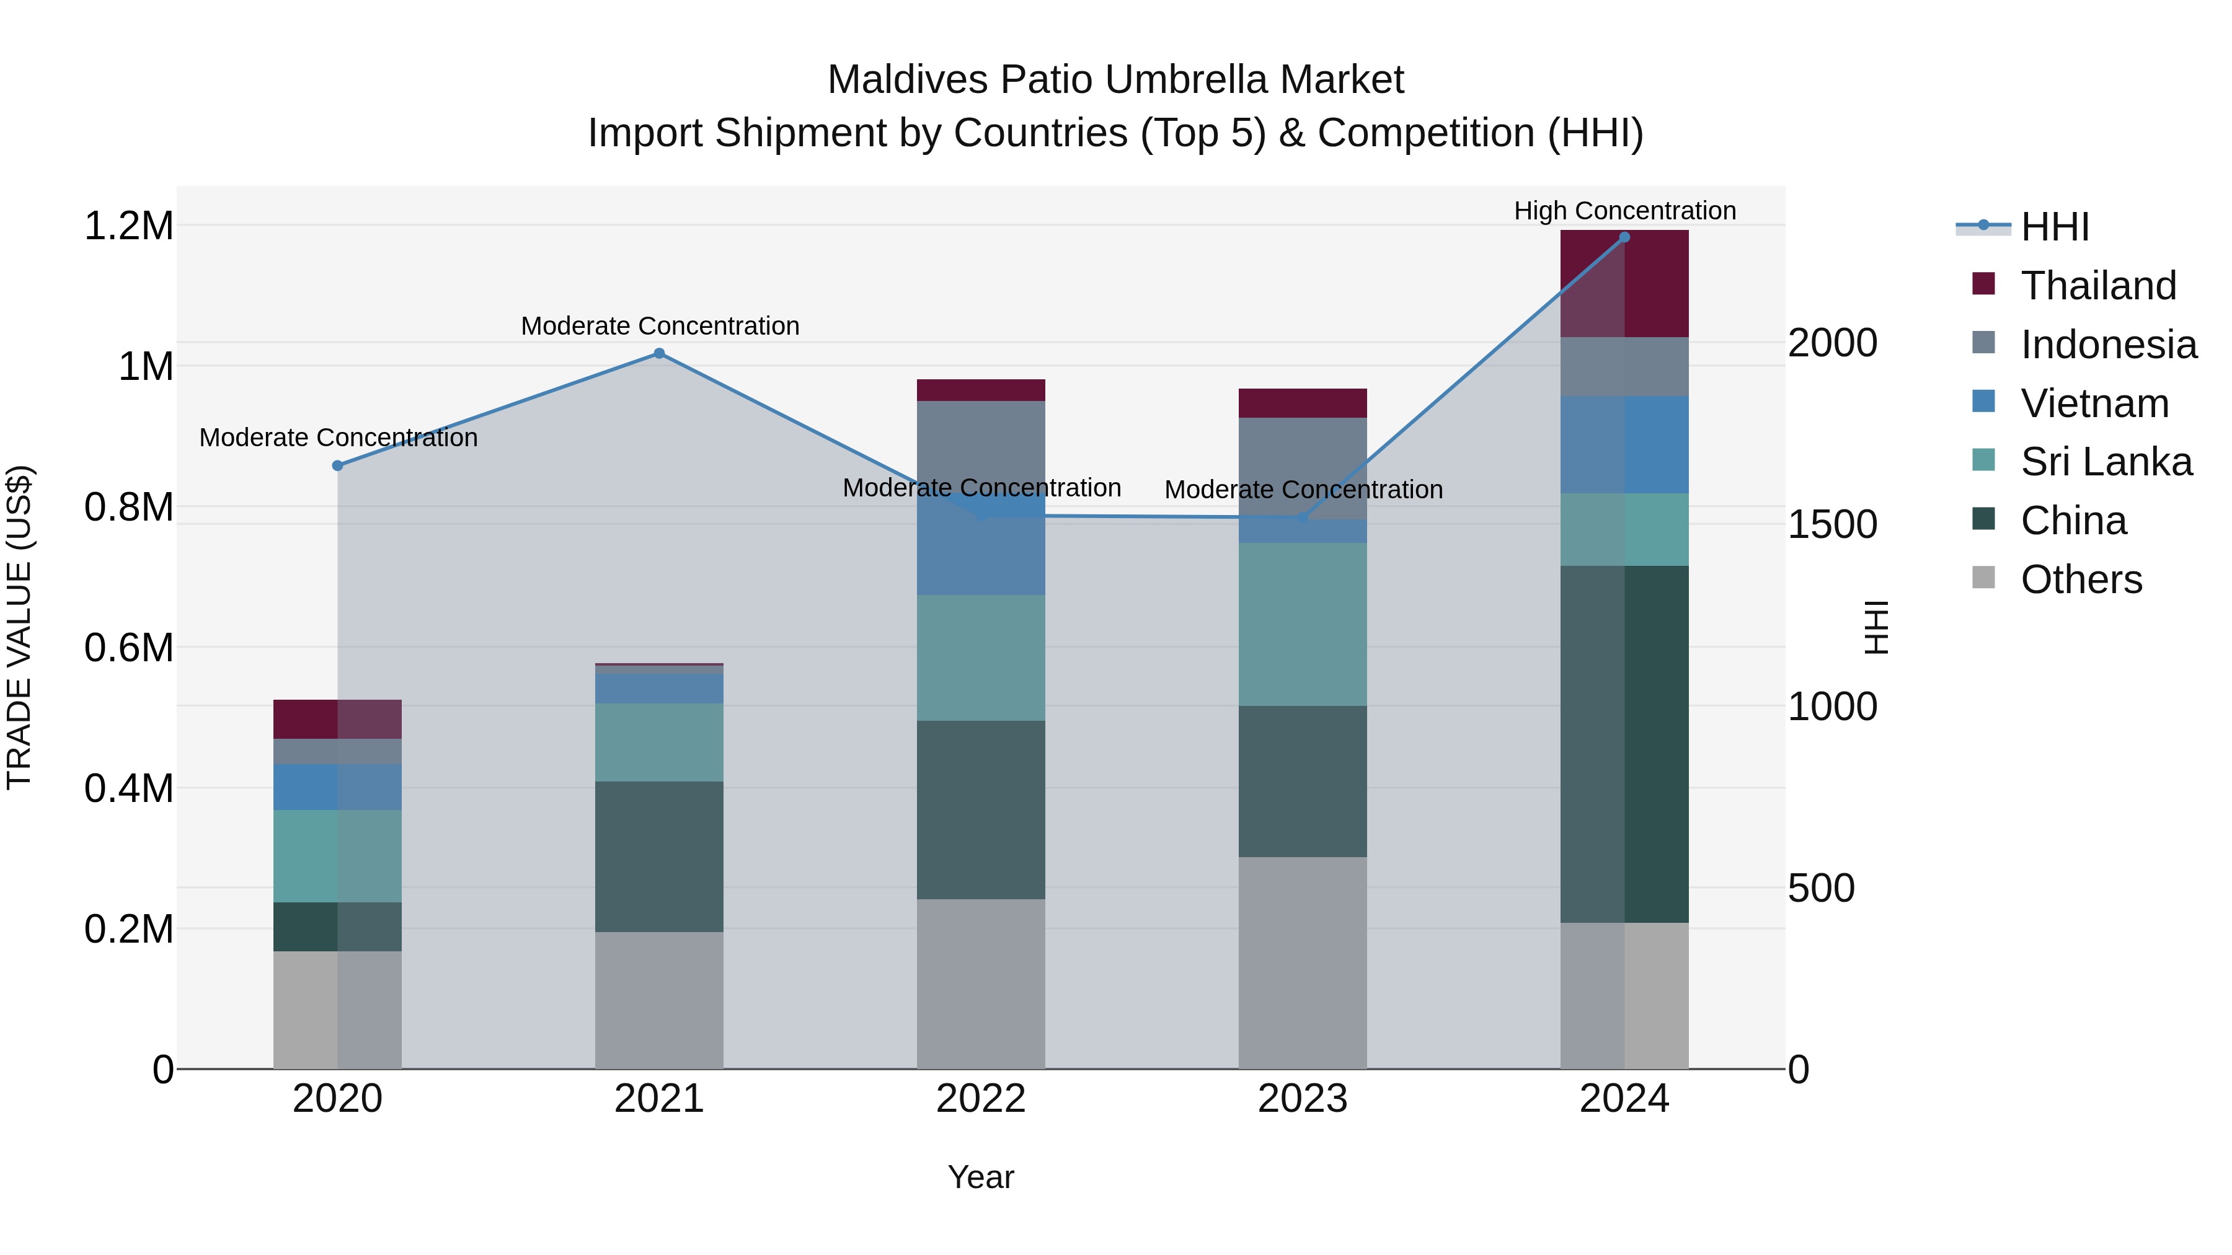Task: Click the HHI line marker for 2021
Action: click(x=660, y=353)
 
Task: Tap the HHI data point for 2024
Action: click(x=1624, y=237)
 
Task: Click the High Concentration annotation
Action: click(x=1624, y=211)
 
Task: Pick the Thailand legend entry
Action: click(x=2097, y=286)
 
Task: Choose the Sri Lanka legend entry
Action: click(x=2106, y=462)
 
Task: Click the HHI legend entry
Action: click(x=2053, y=227)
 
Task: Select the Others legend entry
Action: click(x=2079, y=579)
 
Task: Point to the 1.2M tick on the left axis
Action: click(x=128, y=226)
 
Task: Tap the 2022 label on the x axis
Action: click(x=981, y=1099)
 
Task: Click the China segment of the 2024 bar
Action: click(x=1624, y=745)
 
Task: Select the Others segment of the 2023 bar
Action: click(x=1302, y=963)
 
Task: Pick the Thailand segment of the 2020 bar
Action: click(x=338, y=719)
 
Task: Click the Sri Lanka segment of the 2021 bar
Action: click(x=660, y=742)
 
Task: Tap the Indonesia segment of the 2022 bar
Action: click(x=981, y=446)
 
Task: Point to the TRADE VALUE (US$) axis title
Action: click(x=19, y=627)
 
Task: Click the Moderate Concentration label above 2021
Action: click(x=660, y=327)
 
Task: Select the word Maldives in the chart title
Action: click(x=907, y=80)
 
